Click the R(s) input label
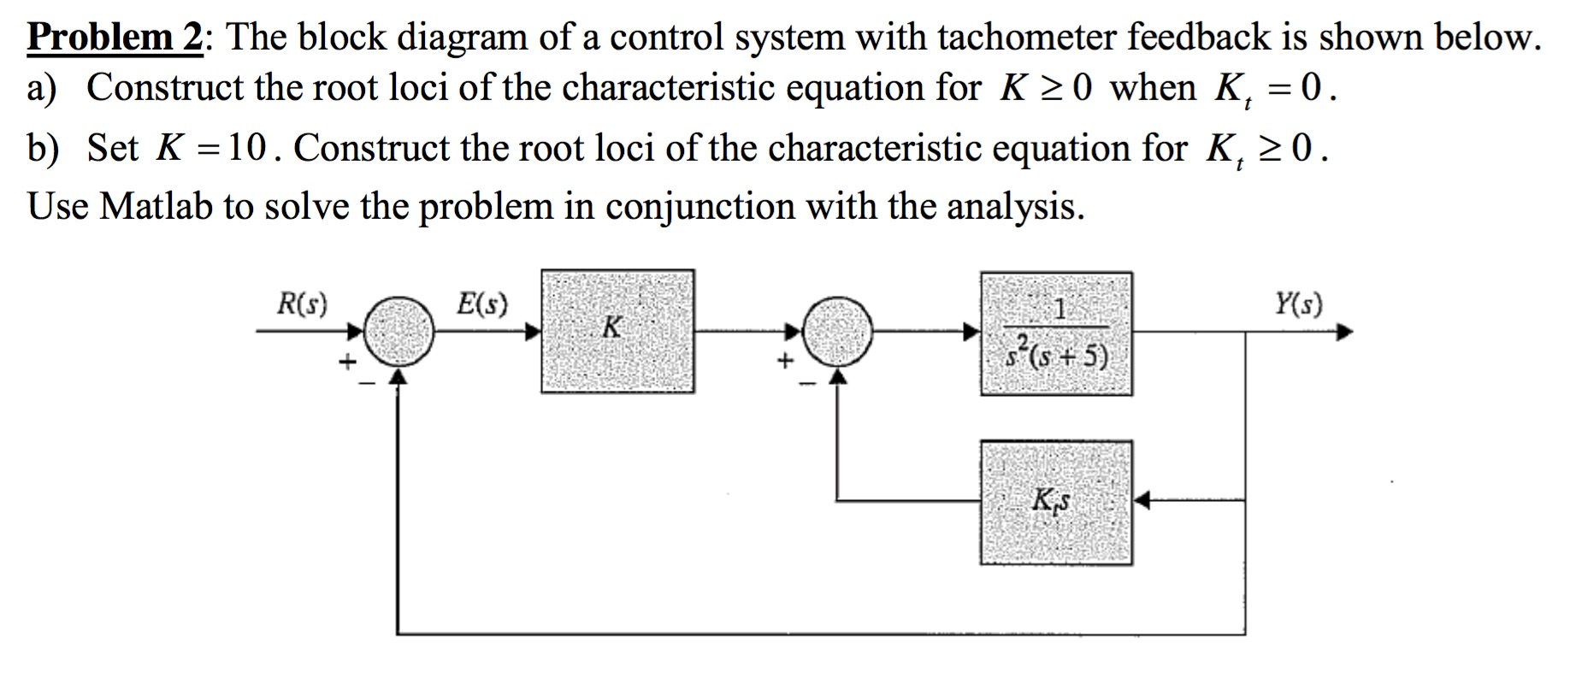(302, 304)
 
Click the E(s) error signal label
(481, 304)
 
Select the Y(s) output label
(1298, 304)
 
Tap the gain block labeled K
(617, 332)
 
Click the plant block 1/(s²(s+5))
(1056, 334)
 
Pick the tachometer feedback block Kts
(1056, 503)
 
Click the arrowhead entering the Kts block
(1142, 501)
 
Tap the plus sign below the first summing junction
(346, 363)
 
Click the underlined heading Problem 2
(115, 38)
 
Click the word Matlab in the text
(156, 206)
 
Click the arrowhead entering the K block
(533, 332)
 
